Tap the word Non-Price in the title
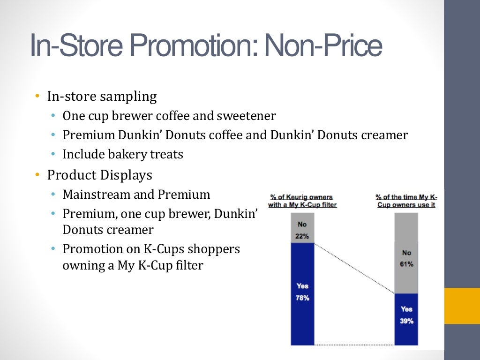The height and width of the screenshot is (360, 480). tap(323, 46)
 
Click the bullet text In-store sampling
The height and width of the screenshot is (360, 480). tap(102, 97)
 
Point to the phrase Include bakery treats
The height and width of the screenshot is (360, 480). tap(123, 154)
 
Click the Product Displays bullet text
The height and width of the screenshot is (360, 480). tap(99, 175)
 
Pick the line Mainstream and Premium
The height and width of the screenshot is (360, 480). tap(136, 195)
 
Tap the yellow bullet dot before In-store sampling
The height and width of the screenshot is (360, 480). tap(37, 97)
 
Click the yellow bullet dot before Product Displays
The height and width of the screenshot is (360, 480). tap(37, 175)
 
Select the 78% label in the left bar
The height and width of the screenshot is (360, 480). tap(302, 298)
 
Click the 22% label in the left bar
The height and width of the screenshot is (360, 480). tap(302, 236)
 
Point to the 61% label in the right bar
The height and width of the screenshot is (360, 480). tap(406, 264)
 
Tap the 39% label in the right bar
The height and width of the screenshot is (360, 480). tap(406, 321)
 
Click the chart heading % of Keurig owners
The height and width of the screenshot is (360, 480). tap(302, 197)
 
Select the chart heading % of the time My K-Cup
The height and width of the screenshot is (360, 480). tap(406, 197)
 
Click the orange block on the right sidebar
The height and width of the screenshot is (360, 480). tap(462, 306)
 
